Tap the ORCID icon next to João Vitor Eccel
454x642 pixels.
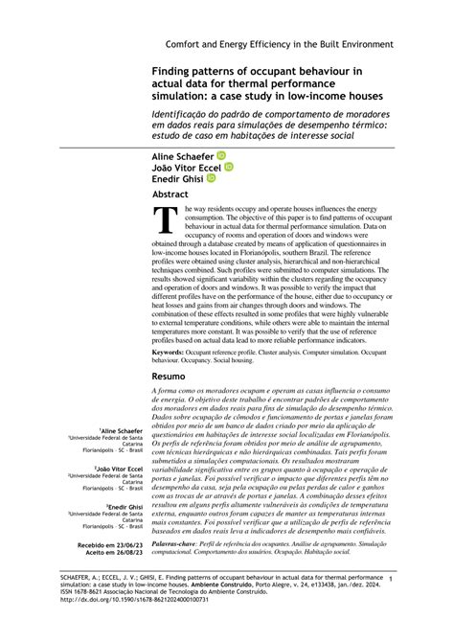228,165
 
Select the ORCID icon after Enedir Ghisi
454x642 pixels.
212,177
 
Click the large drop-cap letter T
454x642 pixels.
168,219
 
